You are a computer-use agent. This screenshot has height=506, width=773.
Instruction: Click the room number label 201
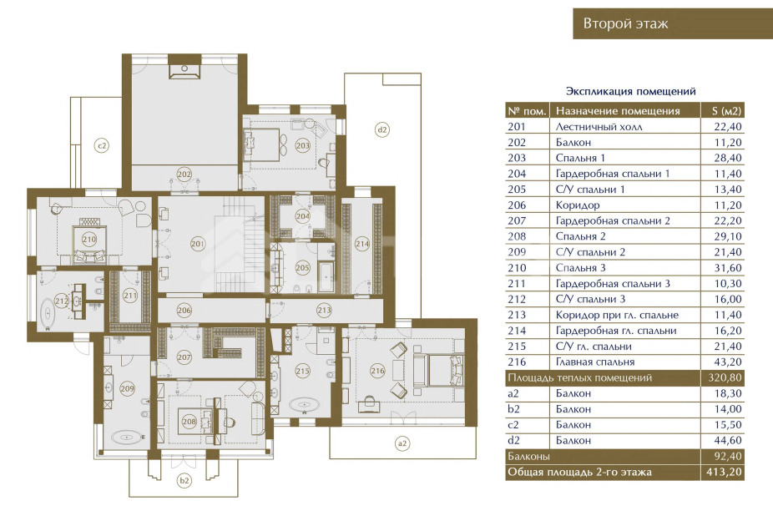tap(198, 244)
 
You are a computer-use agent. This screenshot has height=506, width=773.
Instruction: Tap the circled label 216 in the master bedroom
tap(377, 371)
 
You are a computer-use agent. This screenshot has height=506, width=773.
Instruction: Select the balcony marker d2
tap(382, 129)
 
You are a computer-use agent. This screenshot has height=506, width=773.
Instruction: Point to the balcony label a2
tap(402, 443)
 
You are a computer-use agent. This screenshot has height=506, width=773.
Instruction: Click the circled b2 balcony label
tap(184, 480)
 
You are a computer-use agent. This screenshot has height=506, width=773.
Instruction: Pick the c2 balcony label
tap(102, 145)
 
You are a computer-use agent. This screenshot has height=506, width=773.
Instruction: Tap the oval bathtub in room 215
tap(303, 407)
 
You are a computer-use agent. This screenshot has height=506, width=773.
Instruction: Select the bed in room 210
tap(89, 244)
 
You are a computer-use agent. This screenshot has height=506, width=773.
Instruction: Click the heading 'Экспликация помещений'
tap(630, 91)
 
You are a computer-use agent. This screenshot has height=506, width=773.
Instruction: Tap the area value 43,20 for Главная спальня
tap(728, 362)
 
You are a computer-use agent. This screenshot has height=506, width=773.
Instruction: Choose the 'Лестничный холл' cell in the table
tap(599, 127)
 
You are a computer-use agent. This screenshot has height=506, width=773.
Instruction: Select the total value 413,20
tap(724, 472)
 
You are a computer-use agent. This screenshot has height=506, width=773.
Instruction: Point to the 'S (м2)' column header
tap(726, 111)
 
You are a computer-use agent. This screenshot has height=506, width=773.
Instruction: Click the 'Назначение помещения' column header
tap(618, 111)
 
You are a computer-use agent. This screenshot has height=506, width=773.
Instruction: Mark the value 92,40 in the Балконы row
tap(728, 456)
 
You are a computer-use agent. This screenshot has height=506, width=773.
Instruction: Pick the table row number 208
tap(517, 236)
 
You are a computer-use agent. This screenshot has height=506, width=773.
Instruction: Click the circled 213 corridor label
tap(324, 311)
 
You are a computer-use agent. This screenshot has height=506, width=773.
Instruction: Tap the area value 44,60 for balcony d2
tap(728, 440)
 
